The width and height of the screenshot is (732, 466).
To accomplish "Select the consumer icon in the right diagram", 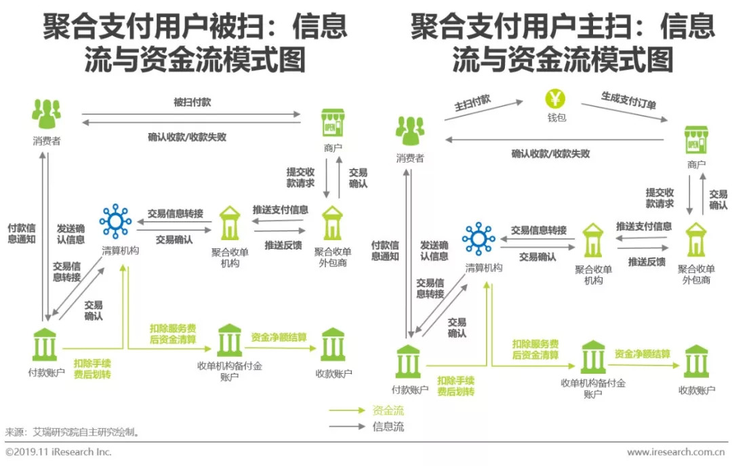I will pos(410,131).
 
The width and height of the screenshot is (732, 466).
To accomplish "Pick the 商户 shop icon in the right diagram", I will pos(696,140).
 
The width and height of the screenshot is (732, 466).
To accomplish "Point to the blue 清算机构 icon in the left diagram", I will pos(115,220).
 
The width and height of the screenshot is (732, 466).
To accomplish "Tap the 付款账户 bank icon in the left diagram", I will pos(45,345).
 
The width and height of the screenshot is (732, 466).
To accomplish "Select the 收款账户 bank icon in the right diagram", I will pos(696,362).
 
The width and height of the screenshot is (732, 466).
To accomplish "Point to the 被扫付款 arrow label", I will pos(192,102).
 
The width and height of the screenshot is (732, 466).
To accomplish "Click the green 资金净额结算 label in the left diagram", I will pos(279,337).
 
